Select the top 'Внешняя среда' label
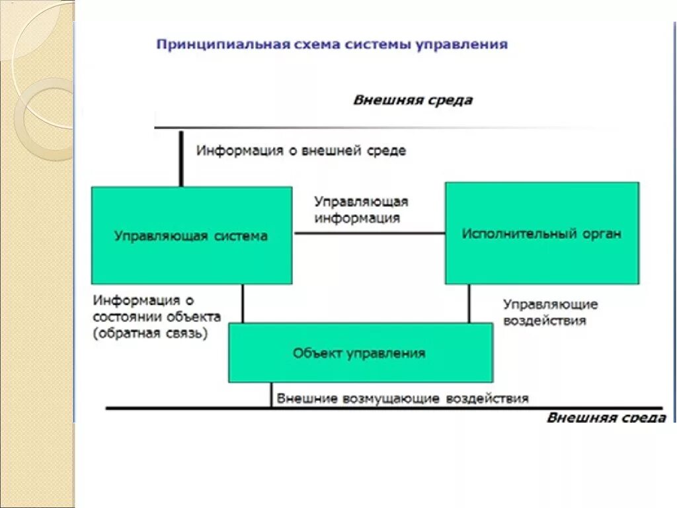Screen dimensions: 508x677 tap(413, 101)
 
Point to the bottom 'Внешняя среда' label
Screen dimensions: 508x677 tap(606, 418)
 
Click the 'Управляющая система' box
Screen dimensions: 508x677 tap(191, 235)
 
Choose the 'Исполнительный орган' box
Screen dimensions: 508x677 tap(541, 233)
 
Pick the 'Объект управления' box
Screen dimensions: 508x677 tap(360, 353)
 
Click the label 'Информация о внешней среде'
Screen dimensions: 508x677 tap(301, 151)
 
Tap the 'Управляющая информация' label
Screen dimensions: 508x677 tap(361, 210)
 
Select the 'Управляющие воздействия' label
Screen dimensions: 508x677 tap(551, 312)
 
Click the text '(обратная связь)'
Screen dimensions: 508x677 tap(151, 334)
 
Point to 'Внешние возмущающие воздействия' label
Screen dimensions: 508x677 tap(403, 399)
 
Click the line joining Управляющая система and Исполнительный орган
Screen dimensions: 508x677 tap(368, 233)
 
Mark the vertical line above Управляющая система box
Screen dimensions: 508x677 tap(180, 158)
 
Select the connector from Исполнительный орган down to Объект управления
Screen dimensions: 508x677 tap(469, 304)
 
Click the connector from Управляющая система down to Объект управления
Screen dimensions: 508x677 tap(243, 304)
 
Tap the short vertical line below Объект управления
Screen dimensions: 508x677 tap(271, 395)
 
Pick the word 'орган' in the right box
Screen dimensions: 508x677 tap(602, 233)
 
